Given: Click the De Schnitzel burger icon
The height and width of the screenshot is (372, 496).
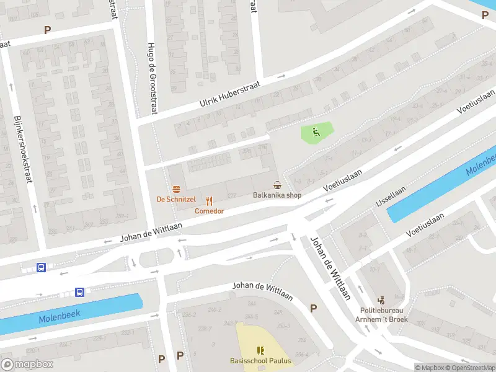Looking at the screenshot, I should click(177, 189).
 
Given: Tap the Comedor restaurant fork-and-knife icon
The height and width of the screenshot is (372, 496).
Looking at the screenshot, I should click(210, 201).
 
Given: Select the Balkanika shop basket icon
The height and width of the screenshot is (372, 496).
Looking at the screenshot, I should click(277, 185).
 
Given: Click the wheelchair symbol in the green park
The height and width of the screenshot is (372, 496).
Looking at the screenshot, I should click(316, 131).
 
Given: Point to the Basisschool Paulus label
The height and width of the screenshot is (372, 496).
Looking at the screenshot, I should click(260, 361).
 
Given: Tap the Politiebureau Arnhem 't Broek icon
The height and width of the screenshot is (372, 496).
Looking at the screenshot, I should click(381, 299).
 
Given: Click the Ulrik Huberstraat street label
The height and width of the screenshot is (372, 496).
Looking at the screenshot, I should click(229, 94).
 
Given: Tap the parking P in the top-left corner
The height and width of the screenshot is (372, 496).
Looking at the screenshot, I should click(47, 30).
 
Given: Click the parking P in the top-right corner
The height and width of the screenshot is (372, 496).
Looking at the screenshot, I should click(485, 15).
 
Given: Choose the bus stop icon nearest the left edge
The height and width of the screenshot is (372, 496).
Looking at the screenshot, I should click(41, 268).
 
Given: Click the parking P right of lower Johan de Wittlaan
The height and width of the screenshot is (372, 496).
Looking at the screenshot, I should click(313, 308).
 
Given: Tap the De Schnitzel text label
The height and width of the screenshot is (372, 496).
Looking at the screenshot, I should click(176, 199).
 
